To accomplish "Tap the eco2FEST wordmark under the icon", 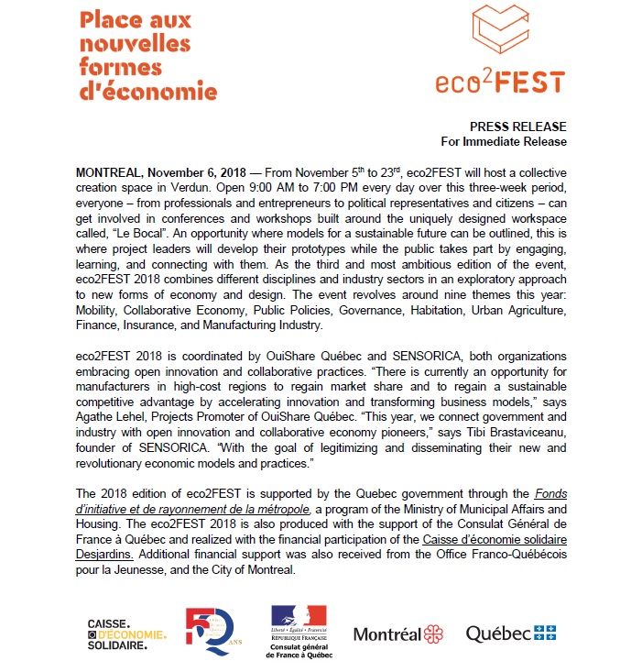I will tap(500, 81).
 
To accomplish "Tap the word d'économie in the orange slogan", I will tap(147, 92).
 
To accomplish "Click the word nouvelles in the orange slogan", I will tap(134, 43).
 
